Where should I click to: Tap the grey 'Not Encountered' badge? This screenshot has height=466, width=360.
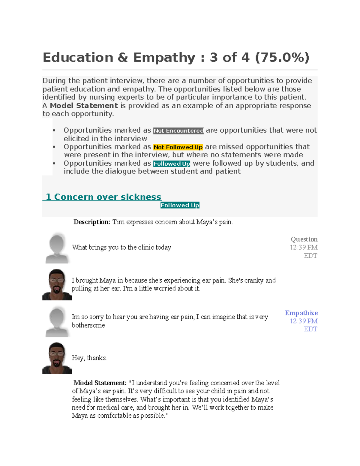178,131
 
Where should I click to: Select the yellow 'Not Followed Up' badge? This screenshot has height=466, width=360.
178,147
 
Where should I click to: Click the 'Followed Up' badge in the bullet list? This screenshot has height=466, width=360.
172,164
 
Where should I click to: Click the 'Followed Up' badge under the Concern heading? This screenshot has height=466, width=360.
180,205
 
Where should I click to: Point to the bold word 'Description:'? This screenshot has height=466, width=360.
92,222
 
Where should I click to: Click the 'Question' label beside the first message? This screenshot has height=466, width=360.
304,239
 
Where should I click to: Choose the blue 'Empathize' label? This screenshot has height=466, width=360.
301,313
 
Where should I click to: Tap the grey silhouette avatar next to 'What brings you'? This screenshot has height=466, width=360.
57,248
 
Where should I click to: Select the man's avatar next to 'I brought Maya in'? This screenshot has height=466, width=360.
57,284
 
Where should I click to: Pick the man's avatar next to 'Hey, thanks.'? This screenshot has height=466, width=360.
57,358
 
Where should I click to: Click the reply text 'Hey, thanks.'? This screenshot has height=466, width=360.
89,358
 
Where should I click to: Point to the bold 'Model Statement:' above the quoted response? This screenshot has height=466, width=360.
100,383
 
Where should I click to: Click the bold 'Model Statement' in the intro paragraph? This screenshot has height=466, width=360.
84,106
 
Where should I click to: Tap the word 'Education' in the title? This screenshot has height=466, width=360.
78,57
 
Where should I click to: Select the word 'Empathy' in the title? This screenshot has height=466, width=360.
164,57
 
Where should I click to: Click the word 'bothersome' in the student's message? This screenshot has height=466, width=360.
88,325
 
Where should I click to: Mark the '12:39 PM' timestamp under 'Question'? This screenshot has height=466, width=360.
304,247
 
